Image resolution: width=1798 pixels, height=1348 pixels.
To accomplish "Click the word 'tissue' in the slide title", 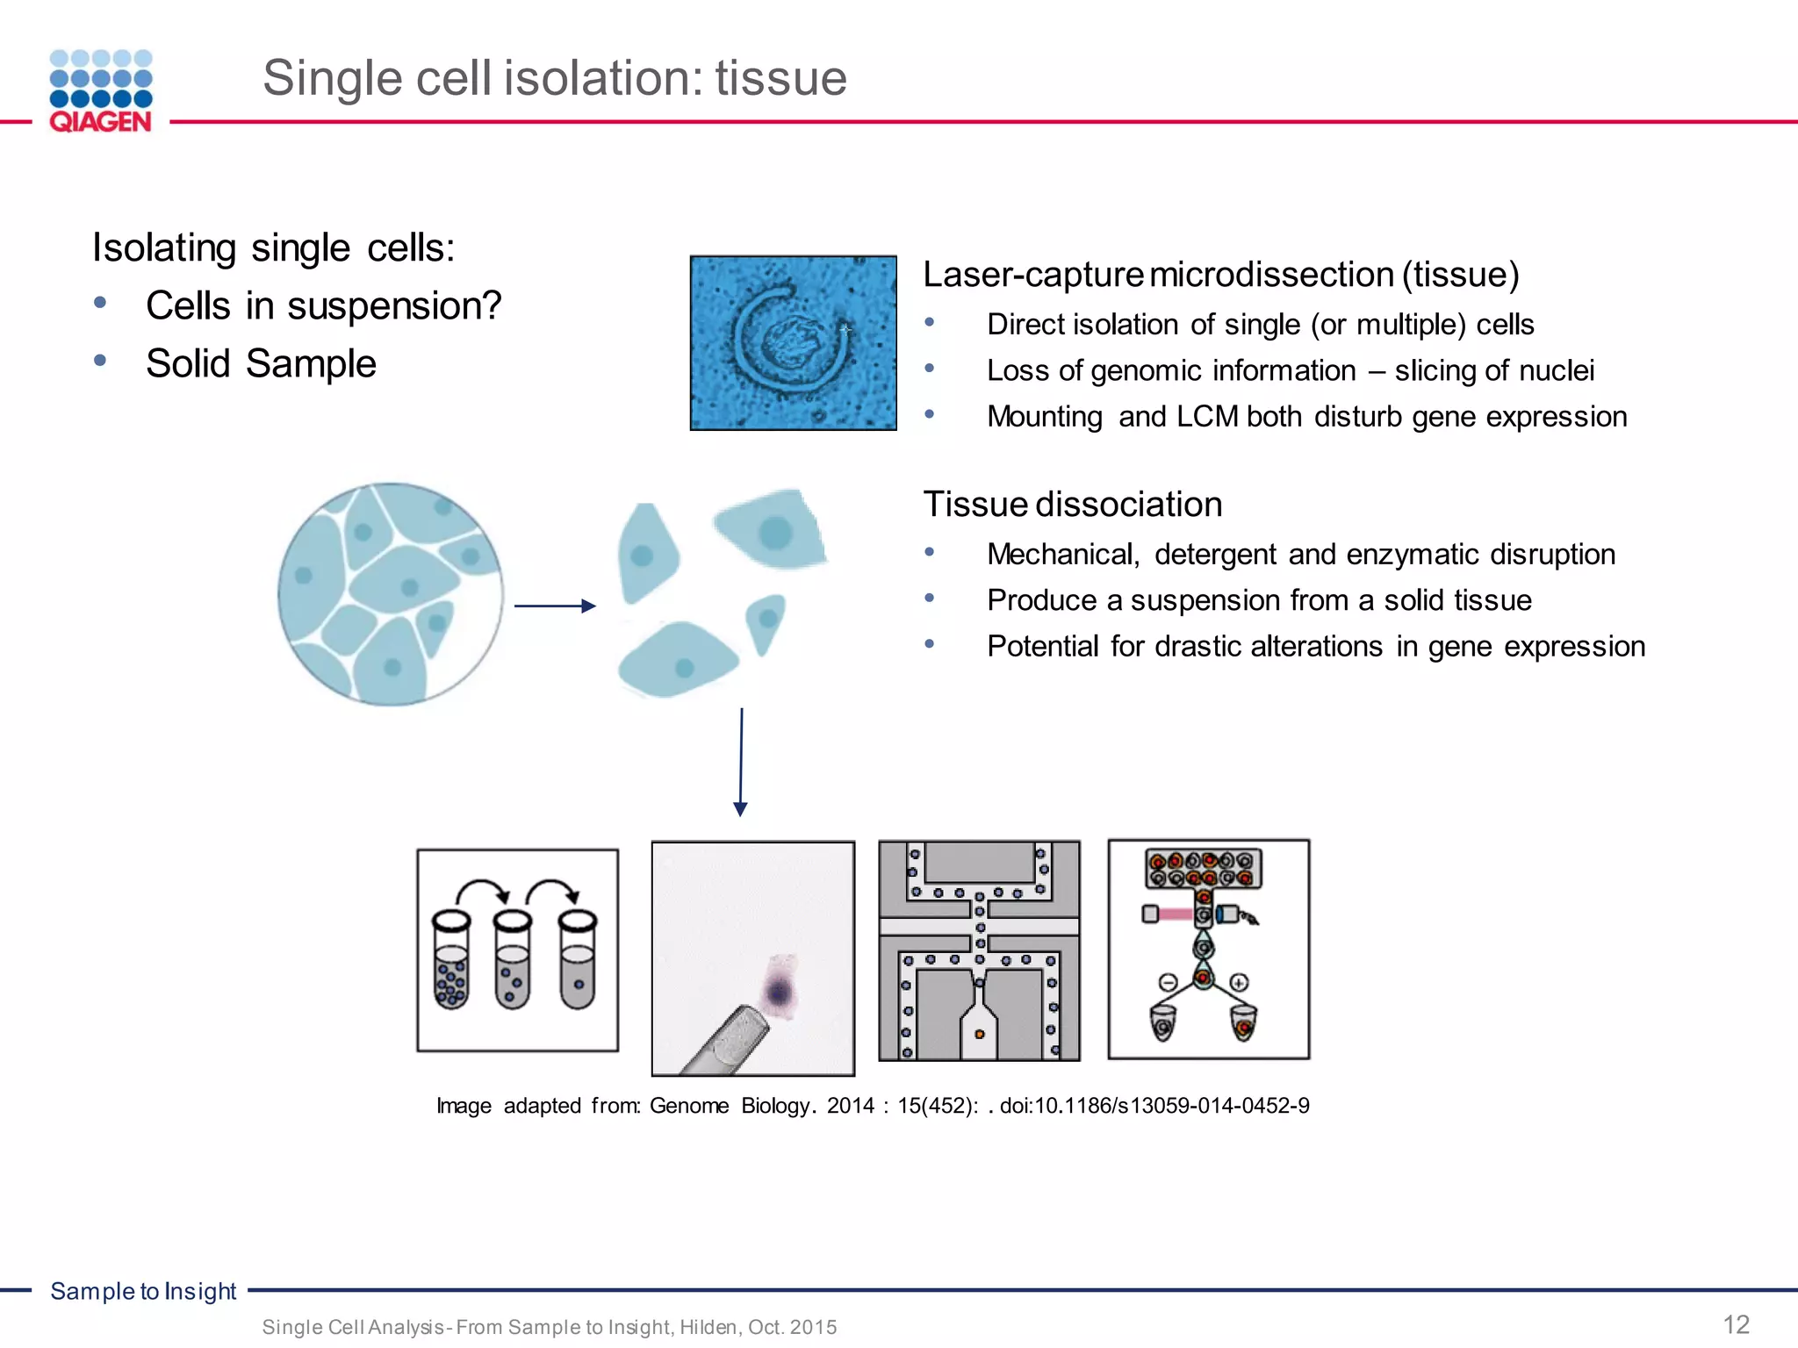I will [x=780, y=78].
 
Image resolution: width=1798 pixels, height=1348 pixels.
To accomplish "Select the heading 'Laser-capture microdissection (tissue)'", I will [x=1220, y=275].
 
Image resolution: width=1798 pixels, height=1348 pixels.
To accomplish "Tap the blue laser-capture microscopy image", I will [x=793, y=343].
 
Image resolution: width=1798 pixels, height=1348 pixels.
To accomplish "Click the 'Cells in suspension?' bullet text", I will [x=323, y=306].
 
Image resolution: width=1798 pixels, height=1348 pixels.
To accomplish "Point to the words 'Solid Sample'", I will [x=261, y=364].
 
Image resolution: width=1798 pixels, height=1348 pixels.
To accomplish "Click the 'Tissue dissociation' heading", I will [x=1072, y=505].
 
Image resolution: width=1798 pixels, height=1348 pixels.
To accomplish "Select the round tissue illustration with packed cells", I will [x=391, y=594].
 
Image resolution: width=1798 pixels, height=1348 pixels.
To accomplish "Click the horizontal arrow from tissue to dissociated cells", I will [x=555, y=606].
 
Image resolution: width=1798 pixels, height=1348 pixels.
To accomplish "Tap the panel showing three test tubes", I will [x=517, y=950].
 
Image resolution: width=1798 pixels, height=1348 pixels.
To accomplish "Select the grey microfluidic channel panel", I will [x=979, y=950].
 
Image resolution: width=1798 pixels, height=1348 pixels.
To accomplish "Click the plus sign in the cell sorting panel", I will [x=1239, y=982].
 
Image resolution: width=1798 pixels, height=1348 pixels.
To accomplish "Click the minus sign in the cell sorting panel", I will [x=1168, y=982].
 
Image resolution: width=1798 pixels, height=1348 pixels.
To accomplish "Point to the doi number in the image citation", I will [x=1154, y=1106].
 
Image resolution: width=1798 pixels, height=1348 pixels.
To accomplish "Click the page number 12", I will [x=1736, y=1324].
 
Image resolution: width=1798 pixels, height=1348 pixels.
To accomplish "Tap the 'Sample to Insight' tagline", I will [x=143, y=1291].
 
